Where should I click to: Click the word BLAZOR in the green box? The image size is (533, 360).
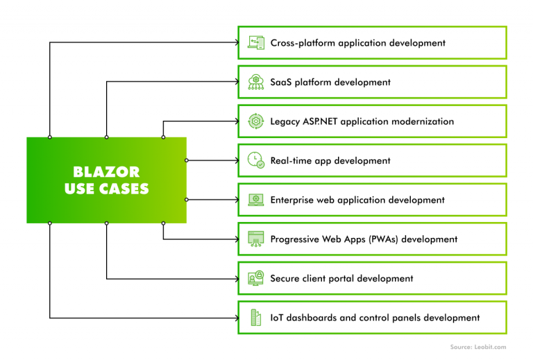coord(106,171)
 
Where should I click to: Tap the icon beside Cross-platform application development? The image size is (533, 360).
coord(256,43)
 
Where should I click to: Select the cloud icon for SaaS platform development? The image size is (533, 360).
coord(256,83)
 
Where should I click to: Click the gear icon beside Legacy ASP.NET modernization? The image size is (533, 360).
coord(256,121)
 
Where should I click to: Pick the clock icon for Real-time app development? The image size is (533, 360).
coord(256,161)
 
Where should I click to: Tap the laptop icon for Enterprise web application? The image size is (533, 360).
coord(256,200)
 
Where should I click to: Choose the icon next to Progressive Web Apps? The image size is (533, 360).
coord(256,239)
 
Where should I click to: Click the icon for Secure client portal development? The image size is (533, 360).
coord(256,278)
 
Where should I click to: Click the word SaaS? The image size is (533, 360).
coord(281,83)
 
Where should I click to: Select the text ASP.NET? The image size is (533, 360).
coord(323,121)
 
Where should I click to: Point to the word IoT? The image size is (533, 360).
coord(278,318)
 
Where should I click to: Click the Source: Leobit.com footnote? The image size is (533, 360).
coord(477,347)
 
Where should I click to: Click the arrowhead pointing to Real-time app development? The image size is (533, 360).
coord(235,160)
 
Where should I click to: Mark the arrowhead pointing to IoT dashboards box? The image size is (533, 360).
coord(235,318)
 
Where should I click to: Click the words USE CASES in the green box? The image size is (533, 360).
coord(106,189)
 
